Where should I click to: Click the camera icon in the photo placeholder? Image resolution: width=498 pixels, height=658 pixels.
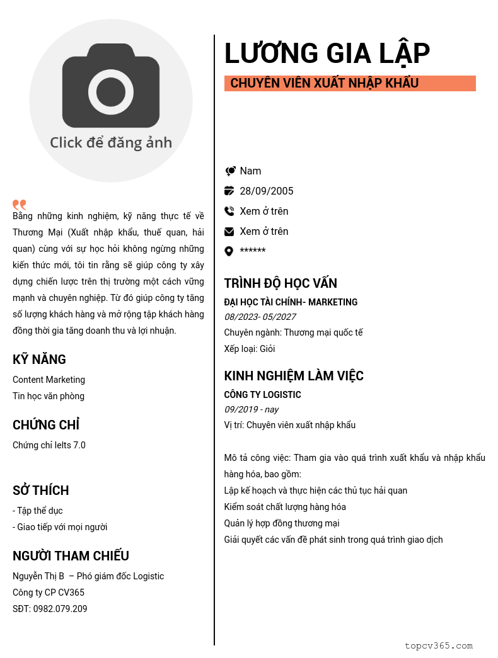pos(111,86)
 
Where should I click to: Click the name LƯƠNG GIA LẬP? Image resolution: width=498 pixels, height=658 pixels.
pos(327,53)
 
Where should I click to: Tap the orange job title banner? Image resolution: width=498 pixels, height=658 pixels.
pos(350,83)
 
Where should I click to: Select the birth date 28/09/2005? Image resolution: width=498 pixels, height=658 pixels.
pos(266,191)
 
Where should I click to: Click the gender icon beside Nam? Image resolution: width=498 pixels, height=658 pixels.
pos(229,171)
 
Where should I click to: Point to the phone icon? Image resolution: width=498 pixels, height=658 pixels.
pos(229,211)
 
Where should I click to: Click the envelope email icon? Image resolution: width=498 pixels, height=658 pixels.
pos(229,232)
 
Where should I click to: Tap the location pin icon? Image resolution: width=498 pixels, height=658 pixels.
pos(229,251)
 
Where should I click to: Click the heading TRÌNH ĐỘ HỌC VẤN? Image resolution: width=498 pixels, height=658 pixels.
pos(281,283)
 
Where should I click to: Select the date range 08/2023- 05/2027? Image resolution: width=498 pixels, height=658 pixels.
pos(260,317)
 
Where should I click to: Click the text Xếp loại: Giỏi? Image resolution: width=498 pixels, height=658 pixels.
pos(250,349)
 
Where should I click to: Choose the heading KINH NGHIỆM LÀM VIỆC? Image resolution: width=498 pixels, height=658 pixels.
pos(294,376)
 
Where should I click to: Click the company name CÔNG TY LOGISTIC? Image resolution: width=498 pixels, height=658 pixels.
pos(262,395)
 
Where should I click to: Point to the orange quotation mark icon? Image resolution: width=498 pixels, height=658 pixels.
pos(20,205)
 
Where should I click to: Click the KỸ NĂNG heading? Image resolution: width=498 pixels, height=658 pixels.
pos(39,360)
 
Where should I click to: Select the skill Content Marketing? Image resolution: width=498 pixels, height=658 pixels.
pos(49,380)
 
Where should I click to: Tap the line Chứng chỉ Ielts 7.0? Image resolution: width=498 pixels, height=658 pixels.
pos(49,445)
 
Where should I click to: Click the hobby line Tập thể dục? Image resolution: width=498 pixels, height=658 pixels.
pos(38,511)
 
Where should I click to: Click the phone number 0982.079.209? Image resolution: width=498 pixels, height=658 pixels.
pos(61,609)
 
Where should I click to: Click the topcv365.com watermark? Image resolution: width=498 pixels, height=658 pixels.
pos(438,645)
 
